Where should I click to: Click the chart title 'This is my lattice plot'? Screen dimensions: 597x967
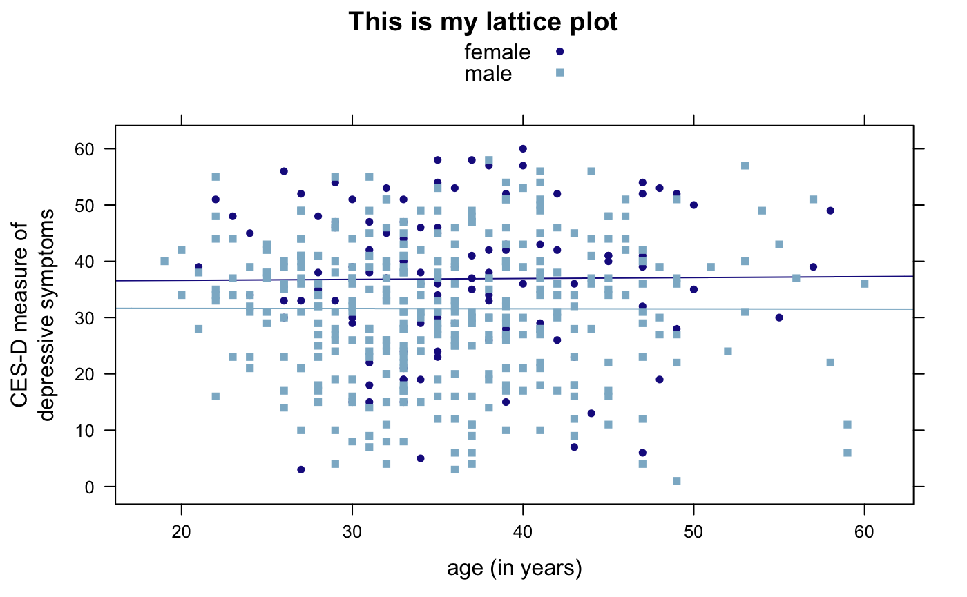(483, 22)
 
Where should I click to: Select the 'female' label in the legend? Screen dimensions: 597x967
(497, 52)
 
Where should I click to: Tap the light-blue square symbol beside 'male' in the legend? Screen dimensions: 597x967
(560, 72)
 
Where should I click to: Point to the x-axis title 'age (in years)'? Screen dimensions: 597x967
(515, 569)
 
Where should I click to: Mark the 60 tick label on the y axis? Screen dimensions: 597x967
(95, 149)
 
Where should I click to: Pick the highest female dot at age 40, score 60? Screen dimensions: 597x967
(523, 149)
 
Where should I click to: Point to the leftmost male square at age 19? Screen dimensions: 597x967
(164, 262)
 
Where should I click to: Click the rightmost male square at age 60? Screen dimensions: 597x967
(864, 284)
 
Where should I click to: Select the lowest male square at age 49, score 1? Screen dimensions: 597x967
(676, 481)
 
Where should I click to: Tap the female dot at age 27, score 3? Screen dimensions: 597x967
(301, 469)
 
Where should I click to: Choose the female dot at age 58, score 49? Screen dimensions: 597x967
(830, 211)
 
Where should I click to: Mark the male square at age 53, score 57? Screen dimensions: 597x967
(745, 166)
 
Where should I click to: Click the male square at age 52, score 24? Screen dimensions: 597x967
(727, 351)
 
